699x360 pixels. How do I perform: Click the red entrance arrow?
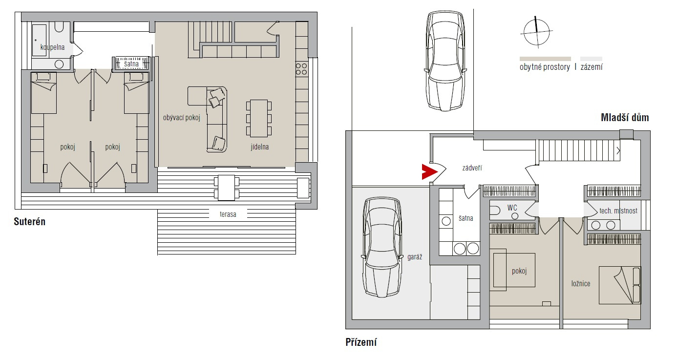428,171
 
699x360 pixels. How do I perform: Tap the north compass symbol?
536,32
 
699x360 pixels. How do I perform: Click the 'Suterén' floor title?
30,221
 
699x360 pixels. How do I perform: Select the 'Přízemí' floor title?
361,342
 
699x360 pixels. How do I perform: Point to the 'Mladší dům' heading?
625,118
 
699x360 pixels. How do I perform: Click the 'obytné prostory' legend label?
545,67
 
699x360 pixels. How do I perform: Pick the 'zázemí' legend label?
592,67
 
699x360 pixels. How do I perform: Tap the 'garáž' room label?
415,257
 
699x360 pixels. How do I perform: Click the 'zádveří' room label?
472,168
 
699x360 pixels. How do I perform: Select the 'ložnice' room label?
581,284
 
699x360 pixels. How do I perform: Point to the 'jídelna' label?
260,147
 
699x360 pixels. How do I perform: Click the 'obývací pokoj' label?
182,118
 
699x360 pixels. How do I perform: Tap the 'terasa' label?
228,214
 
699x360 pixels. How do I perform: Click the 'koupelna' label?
52,47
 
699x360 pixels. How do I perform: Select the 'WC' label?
512,208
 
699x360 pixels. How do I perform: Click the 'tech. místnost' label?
618,211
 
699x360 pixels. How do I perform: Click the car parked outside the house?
445,61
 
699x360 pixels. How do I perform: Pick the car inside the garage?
382,247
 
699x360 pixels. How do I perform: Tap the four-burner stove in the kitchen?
301,69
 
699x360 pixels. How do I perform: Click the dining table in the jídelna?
259,118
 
